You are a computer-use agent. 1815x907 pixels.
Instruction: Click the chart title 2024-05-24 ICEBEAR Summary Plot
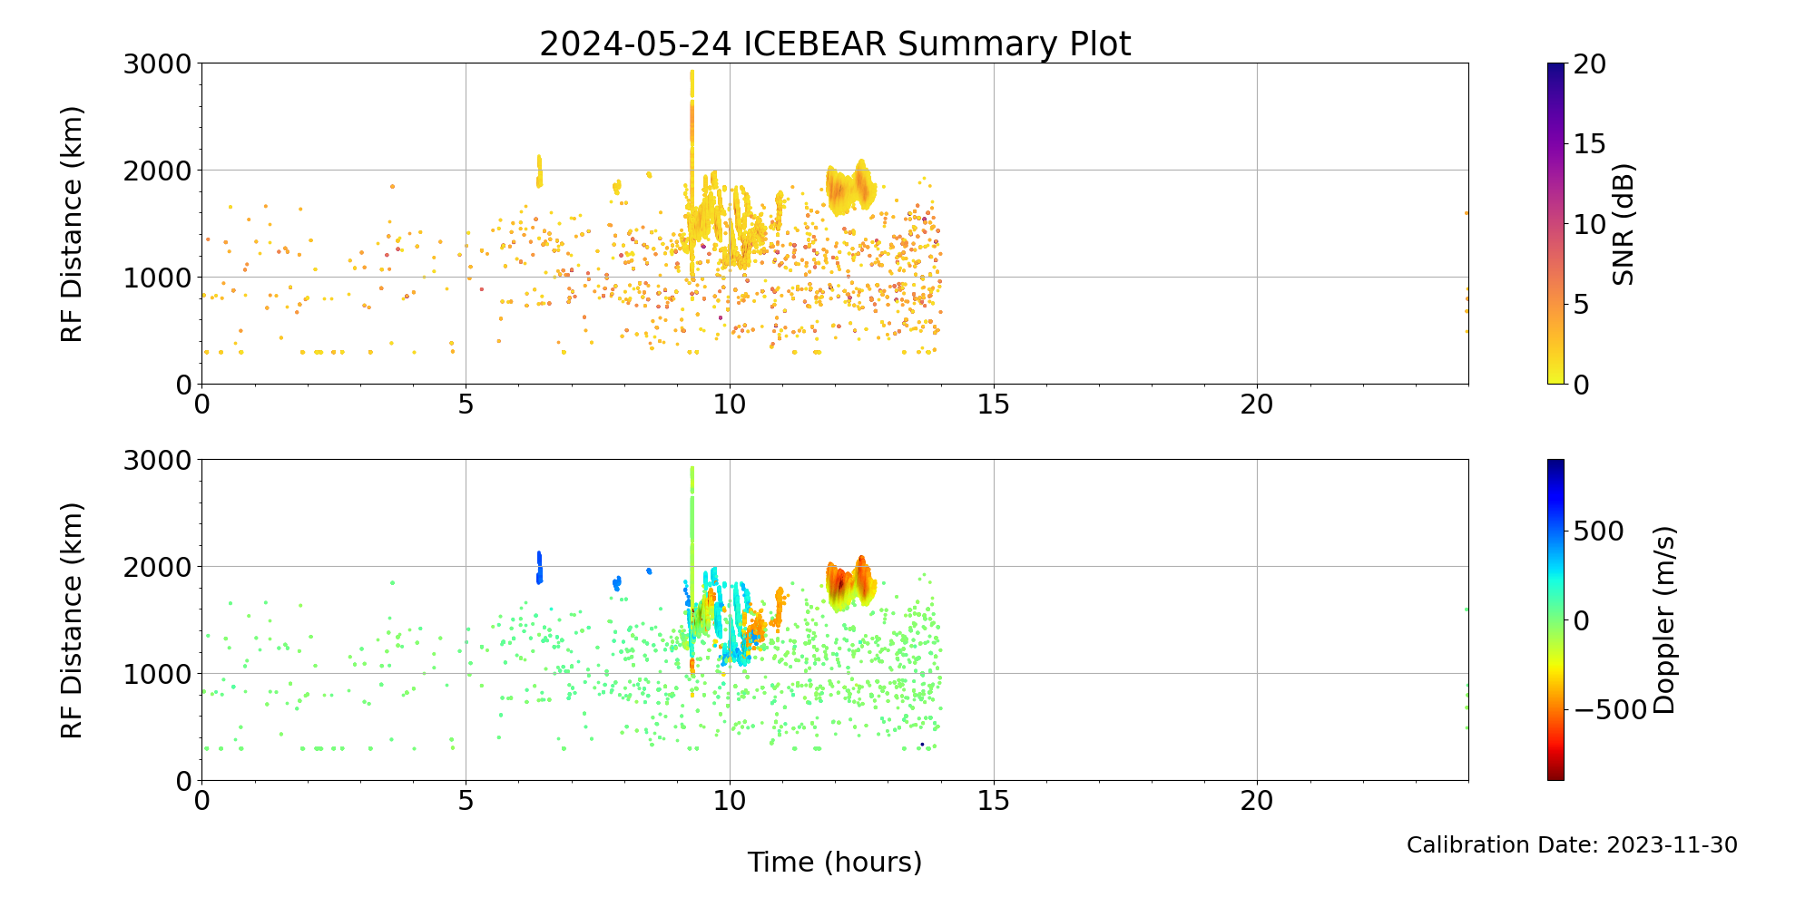click(835, 44)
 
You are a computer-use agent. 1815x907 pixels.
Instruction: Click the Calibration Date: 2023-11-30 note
click(1572, 845)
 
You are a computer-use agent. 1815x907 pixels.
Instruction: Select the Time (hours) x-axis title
click(835, 863)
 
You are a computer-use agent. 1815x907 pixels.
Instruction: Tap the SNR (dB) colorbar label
click(1624, 224)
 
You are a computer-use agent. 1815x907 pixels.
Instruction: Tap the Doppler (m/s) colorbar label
click(1664, 620)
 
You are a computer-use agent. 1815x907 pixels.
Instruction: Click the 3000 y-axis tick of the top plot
click(159, 64)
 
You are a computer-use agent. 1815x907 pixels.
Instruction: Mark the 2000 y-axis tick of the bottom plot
click(159, 567)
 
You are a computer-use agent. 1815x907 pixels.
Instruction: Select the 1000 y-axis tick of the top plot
click(159, 278)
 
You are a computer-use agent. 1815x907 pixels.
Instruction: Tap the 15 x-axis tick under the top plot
click(994, 405)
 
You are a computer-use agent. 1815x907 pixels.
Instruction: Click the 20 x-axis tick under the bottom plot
click(1257, 801)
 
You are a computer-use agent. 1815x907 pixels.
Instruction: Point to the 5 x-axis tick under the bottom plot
click(466, 801)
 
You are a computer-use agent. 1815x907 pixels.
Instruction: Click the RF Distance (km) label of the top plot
click(72, 224)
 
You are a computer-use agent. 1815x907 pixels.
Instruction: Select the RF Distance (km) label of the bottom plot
click(72, 620)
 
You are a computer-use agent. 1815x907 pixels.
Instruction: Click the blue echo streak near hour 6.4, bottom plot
click(539, 567)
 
